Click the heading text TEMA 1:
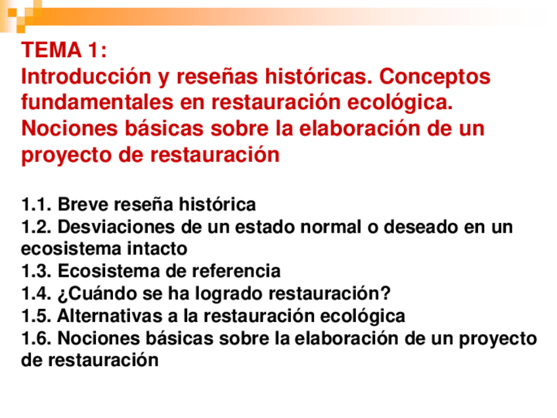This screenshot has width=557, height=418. click(64, 51)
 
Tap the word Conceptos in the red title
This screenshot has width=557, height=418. click(434, 77)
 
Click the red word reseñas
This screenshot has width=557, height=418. click(219, 77)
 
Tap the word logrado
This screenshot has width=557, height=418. click(230, 293)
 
